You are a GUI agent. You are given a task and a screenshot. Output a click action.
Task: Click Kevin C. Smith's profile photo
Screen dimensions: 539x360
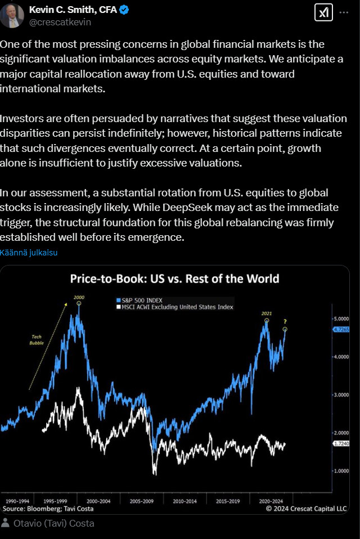pos(12,16)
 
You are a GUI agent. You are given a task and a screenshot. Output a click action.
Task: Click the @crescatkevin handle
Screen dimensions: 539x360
pos(60,23)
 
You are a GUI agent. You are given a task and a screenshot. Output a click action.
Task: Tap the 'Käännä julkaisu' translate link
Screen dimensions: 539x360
pos(29,253)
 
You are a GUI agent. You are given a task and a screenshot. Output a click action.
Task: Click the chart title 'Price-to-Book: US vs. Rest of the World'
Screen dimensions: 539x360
pos(174,279)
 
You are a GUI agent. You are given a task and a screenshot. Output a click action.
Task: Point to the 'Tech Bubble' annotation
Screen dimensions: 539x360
pos(35,339)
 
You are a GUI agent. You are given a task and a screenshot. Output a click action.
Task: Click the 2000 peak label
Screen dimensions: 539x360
pos(78,297)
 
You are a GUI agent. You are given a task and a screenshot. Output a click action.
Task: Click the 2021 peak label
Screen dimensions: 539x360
pos(266,313)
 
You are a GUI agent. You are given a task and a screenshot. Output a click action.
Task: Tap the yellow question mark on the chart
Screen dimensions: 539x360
pos(285,321)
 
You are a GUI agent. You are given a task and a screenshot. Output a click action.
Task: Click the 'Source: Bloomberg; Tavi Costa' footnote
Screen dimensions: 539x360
pos(48,509)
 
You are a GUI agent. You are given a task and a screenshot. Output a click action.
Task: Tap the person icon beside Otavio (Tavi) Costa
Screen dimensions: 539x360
pos(6,523)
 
